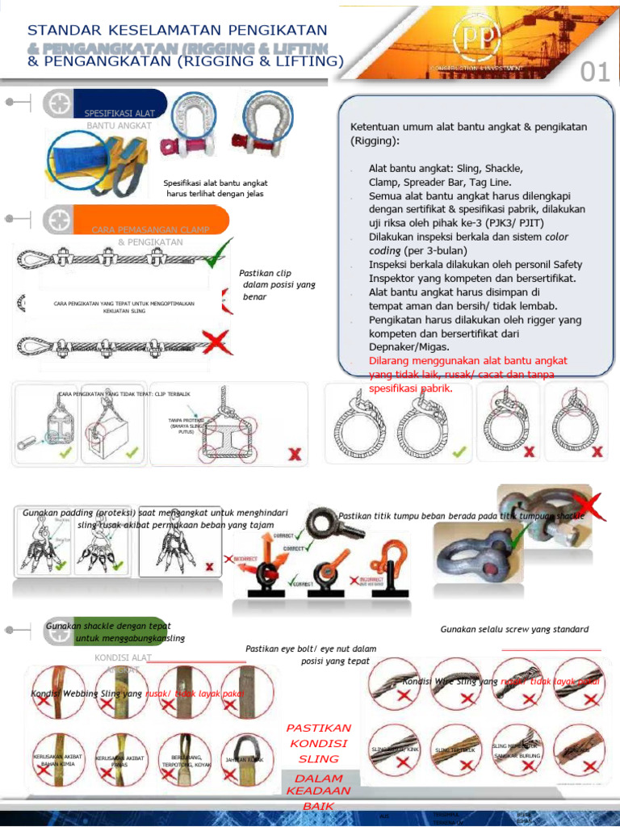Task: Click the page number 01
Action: tap(595, 72)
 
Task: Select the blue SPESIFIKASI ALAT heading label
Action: tap(119, 113)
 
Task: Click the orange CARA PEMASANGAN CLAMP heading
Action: tap(150, 229)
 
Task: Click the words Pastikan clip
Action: tap(266, 273)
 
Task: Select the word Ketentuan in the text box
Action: tap(378, 127)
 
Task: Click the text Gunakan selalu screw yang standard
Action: tap(514, 629)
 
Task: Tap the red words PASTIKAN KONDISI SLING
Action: tap(318, 743)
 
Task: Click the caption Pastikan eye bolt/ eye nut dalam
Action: tap(310, 649)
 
